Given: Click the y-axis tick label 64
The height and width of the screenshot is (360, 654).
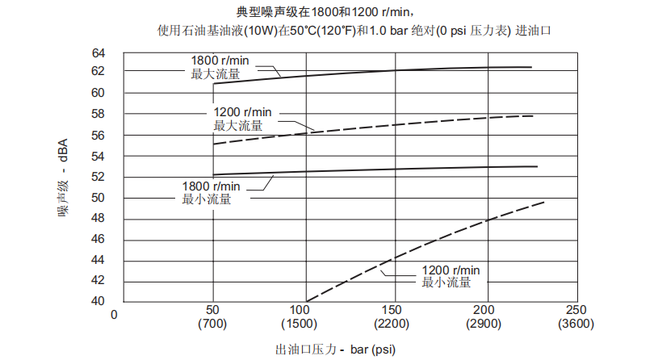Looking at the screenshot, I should tap(99, 53).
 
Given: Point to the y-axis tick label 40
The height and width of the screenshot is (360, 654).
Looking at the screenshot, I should tap(99, 301).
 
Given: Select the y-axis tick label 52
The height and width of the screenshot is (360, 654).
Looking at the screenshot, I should tap(99, 177).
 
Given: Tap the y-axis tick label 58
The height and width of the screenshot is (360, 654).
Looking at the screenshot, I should tap(99, 115).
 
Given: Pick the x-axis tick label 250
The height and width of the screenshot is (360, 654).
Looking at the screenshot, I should tap(576, 312).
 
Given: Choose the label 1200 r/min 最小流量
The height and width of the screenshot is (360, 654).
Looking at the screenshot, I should tap(451, 276).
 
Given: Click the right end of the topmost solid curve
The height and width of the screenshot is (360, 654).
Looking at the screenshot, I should tap(531, 67).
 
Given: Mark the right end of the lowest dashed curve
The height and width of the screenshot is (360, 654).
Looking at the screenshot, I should tap(545, 202).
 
